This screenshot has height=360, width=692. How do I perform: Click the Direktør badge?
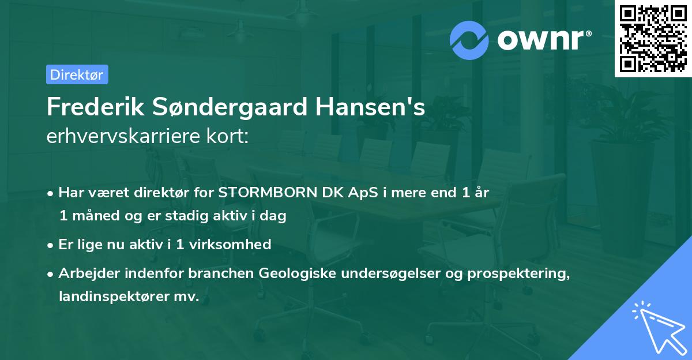pyautogui.click(x=77, y=74)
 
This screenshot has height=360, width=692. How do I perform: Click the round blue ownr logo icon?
pyautogui.click(x=469, y=40)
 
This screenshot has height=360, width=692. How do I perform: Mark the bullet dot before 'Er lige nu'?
pyautogui.click(x=51, y=245)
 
